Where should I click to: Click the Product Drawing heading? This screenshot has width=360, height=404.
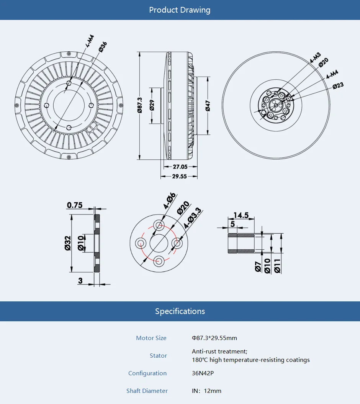click(180, 10)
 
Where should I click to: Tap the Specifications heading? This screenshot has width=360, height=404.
click(180, 311)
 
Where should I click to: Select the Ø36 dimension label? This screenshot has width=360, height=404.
click(103, 46)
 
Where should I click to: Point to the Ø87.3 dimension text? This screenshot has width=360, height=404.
click(140, 105)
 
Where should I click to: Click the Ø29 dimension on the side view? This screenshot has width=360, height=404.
click(152, 105)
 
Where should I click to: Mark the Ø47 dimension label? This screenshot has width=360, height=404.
click(208, 106)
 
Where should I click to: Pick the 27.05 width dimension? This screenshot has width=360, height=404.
click(180, 167)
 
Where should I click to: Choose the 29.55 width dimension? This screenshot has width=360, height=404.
click(179, 177)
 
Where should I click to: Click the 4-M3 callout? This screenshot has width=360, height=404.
click(315, 58)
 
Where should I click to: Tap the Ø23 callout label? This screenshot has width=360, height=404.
click(338, 86)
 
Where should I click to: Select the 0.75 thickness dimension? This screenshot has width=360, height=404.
click(75, 205)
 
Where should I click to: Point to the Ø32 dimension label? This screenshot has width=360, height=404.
click(68, 243)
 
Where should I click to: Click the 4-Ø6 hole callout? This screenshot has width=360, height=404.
click(169, 200)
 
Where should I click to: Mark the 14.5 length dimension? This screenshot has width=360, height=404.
click(241, 216)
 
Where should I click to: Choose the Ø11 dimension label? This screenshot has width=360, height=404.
click(277, 266)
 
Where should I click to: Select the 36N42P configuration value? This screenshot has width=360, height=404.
click(203, 373)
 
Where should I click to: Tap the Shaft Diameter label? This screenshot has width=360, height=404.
click(147, 391)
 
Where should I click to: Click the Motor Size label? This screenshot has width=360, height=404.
click(151, 338)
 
